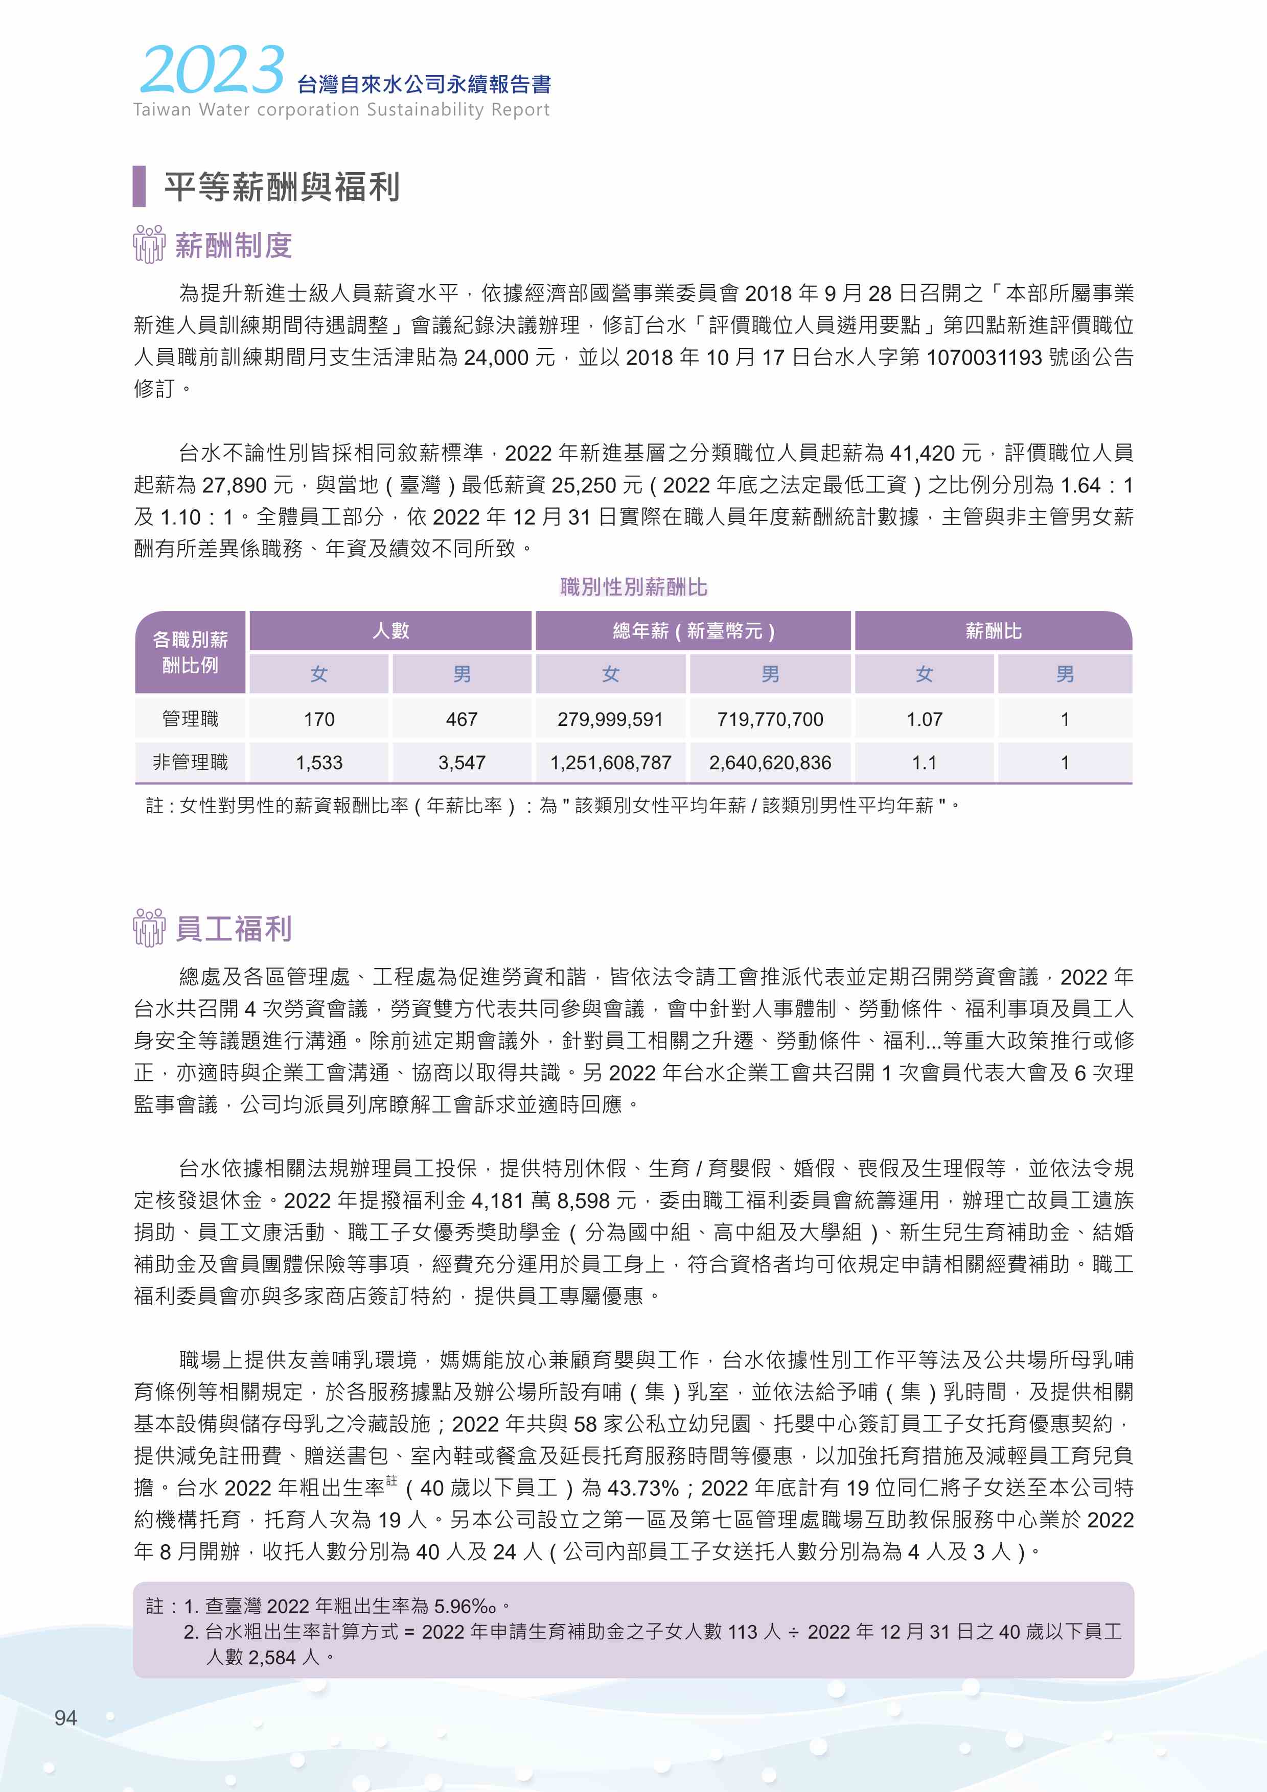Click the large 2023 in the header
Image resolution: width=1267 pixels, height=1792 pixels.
[x=211, y=70]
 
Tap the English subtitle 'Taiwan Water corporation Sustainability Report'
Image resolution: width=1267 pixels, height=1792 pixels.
[x=341, y=110]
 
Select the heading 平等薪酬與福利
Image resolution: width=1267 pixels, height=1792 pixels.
[x=281, y=187]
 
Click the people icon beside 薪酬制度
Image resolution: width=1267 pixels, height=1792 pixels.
[x=148, y=244]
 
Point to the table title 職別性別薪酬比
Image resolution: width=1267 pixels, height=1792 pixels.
[x=633, y=587]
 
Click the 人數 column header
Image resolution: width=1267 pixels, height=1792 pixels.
[x=390, y=631]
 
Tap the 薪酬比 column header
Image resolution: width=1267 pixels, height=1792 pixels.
[x=993, y=631]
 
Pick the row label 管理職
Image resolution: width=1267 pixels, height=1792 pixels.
[x=191, y=719]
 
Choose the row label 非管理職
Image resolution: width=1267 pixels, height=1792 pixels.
[x=191, y=763]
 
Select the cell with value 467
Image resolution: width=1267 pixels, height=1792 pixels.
[x=462, y=719]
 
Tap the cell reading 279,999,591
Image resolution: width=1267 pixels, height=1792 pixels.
[x=610, y=719]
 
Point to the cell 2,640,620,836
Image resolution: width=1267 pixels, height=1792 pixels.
[x=770, y=763]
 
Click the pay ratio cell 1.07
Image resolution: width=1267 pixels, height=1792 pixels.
[x=924, y=719]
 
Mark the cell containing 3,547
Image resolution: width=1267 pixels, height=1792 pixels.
[x=462, y=763]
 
